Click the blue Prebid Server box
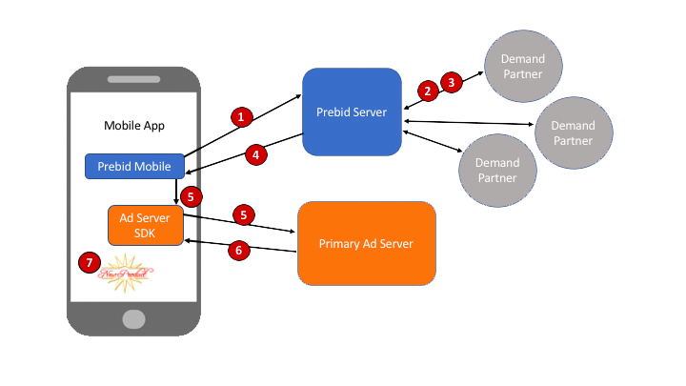click(x=352, y=112)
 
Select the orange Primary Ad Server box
click(x=367, y=243)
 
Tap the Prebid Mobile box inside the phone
click(x=133, y=166)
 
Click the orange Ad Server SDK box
click(x=145, y=224)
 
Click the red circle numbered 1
click(x=242, y=116)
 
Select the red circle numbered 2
click(x=428, y=91)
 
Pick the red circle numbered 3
click(x=452, y=82)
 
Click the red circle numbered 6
click(x=241, y=249)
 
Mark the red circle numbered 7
click(x=91, y=262)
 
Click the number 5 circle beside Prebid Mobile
click(x=192, y=196)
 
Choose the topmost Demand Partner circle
click(x=523, y=66)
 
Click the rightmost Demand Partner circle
click(x=574, y=132)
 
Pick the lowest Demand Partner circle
click(x=497, y=171)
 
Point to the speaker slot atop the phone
click(x=133, y=78)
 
